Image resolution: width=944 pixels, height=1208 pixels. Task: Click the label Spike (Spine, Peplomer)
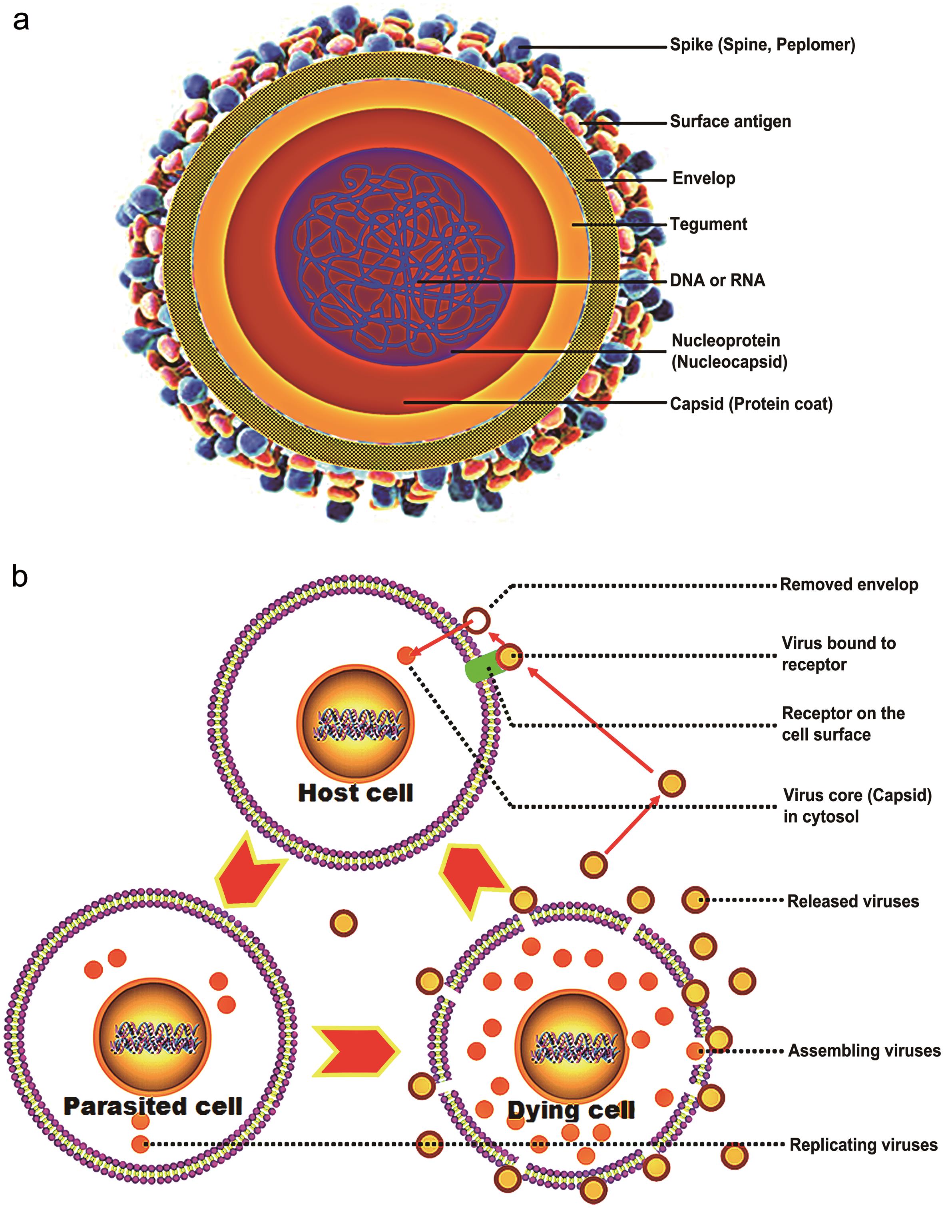(x=762, y=45)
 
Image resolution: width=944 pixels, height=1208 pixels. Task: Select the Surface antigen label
(x=730, y=122)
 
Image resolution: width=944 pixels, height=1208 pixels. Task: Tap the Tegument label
(x=708, y=224)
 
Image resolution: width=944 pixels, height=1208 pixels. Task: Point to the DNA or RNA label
(x=717, y=280)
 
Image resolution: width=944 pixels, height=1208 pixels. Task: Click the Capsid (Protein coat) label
(x=751, y=404)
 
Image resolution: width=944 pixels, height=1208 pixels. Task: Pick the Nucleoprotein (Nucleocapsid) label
(x=729, y=351)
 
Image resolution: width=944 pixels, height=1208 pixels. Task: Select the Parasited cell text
(x=153, y=1106)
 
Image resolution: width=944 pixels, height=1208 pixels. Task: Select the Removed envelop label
(x=848, y=585)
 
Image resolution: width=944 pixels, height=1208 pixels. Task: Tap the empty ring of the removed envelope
(x=476, y=620)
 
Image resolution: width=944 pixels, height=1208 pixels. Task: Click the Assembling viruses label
(x=863, y=1050)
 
